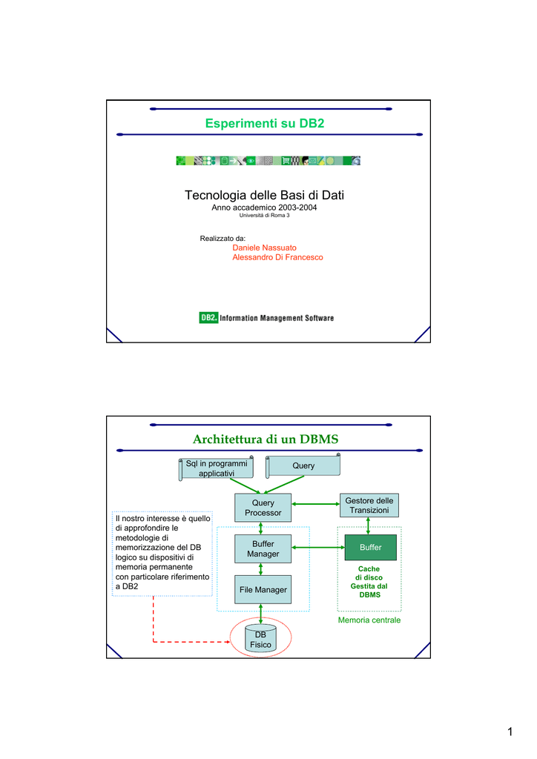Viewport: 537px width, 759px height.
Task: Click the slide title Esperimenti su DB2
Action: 264,124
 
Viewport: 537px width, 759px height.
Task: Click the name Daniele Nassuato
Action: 264,248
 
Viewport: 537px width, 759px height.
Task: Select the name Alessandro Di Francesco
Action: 277,257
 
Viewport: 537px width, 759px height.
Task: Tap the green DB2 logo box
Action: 208,317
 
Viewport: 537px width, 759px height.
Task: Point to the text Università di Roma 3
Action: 264,216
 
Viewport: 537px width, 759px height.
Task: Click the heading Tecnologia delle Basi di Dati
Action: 264,195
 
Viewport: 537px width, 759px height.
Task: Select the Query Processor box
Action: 263,508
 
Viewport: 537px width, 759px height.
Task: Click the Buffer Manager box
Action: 263,549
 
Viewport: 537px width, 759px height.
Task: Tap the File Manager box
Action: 263,589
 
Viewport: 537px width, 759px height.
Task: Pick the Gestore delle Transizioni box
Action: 369,506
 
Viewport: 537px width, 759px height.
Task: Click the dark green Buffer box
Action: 370,548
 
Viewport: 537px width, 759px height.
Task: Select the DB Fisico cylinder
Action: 260,639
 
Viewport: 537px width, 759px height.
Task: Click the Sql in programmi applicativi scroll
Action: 217,468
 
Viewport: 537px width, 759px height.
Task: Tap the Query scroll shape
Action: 303,465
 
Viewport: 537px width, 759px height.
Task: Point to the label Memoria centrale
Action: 369,620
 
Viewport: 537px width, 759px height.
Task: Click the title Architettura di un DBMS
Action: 266,439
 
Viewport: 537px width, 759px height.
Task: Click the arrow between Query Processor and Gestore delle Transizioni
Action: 316,504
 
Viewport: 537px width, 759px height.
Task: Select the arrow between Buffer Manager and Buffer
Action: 318,548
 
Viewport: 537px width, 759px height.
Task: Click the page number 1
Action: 510,732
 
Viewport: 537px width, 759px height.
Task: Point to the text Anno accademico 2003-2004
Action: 264,208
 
